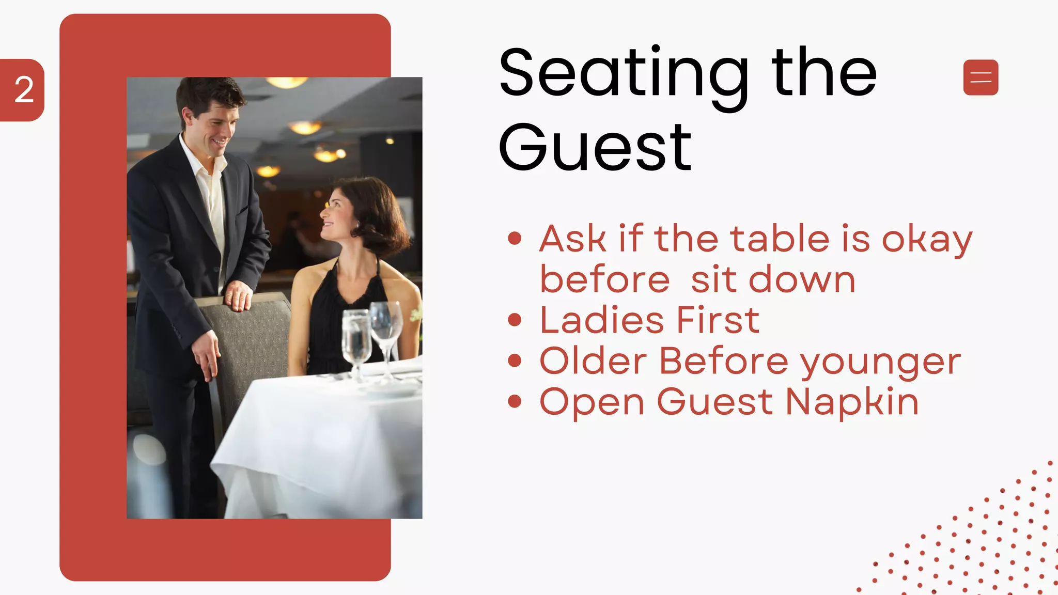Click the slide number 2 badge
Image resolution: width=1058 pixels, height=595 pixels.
click(23, 90)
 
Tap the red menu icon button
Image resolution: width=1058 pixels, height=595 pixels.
click(981, 77)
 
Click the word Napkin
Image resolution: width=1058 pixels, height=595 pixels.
click(852, 402)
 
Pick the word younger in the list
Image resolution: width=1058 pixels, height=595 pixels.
click(880, 362)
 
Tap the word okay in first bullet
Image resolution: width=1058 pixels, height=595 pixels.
click(927, 240)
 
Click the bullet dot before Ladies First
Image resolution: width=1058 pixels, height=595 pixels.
click(515, 320)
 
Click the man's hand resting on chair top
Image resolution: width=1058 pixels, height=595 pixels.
click(239, 295)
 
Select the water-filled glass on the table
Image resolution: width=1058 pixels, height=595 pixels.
click(356, 338)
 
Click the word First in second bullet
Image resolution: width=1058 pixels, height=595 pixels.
click(718, 320)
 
